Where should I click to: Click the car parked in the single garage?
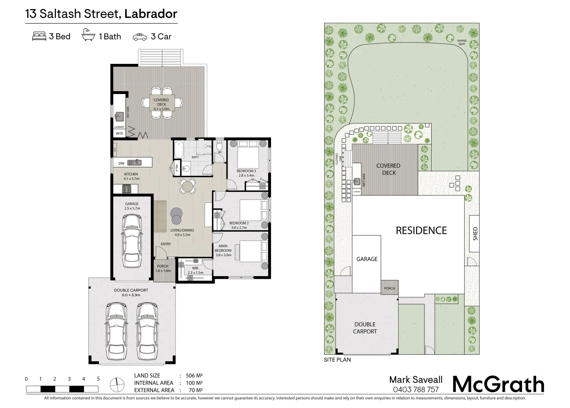click(132, 241)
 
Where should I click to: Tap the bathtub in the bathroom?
click(179, 150)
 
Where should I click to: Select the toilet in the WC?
click(219, 146)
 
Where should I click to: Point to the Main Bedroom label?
click(223, 250)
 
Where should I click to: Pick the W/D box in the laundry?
click(119, 133)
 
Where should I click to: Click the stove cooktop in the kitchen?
click(127, 189)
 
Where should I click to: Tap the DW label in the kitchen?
click(121, 163)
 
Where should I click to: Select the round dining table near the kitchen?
click(187, 187)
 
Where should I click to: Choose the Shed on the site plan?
click(474, 233)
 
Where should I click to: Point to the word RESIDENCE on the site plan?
click(421, 230)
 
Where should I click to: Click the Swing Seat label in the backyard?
click(462, 42)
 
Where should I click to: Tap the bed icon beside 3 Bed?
click(39, 36)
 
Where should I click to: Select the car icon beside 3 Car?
click(140, 37)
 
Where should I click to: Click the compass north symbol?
click(117, 385)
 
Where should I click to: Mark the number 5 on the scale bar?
click(98, 379)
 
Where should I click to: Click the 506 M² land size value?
click(194, 376)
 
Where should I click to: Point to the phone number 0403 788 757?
click(416, 389)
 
